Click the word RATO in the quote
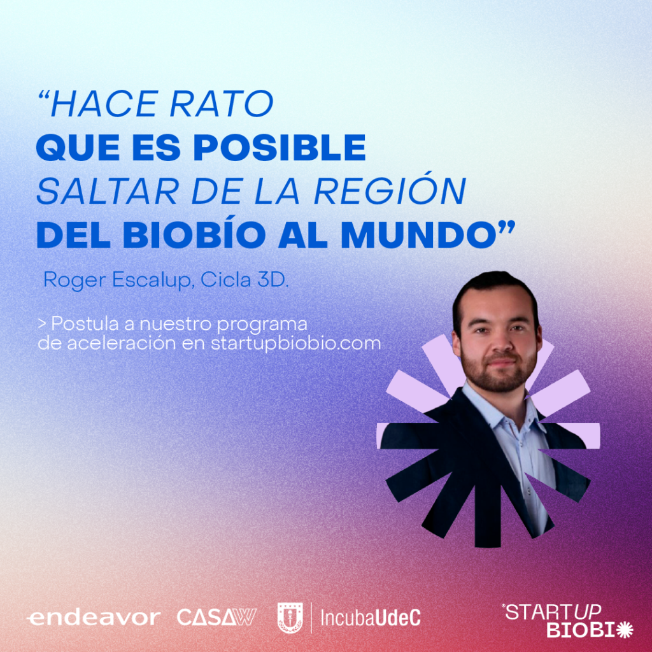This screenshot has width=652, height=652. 222,104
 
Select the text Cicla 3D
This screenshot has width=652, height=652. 244,280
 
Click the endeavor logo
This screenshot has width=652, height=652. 93,618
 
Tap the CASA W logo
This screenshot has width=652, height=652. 216,617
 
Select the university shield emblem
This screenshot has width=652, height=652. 290,618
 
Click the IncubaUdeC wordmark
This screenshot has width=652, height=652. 371,618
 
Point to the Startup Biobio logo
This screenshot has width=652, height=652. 567,621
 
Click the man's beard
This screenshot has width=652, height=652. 499,371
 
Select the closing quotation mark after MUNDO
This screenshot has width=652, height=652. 507,227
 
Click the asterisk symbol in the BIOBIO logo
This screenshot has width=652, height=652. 625,630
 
